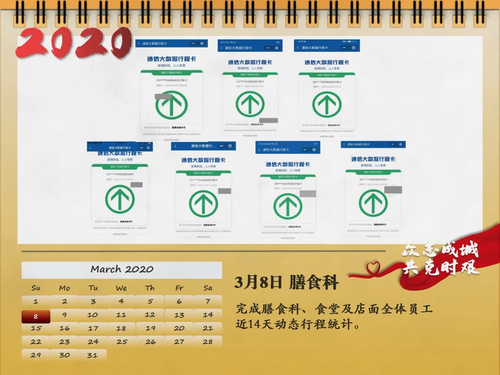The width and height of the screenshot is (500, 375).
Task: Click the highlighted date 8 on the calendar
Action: pos(36,317)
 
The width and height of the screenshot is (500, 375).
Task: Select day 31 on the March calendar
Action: pos(93,355)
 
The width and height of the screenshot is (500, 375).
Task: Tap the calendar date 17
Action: pos(93,328)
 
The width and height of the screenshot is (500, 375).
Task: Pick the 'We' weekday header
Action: pos(121,288)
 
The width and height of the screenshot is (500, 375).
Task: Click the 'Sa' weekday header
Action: pos(208,288)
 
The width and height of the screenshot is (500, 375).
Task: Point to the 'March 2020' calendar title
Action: pos(122,269)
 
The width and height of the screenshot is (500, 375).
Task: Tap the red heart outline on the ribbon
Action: pos(373,268)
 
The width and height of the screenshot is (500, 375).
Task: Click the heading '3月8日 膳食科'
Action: pos(287,282)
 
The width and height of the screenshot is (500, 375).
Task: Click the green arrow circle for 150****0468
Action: pos(171,105)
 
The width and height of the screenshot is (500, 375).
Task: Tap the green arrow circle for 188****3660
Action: pos(287,206)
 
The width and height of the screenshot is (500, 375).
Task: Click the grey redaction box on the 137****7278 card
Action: pos(269,120)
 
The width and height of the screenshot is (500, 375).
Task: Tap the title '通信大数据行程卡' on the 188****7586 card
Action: pos(373,159)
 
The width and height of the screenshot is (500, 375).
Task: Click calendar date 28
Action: pos(208,342)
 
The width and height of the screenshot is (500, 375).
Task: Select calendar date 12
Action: pos(150,315)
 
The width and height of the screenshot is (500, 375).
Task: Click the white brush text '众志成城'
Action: pos(440,251)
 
